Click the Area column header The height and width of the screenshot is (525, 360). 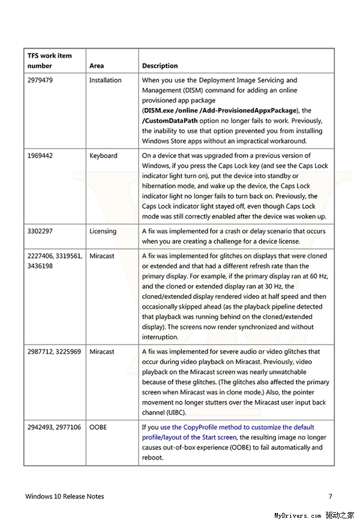(97, 66)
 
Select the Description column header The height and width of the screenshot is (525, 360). (160, 66)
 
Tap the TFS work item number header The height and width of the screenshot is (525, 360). (49, 61)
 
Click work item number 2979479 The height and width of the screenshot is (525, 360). (40, 80)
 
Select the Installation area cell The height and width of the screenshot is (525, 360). (105, 80)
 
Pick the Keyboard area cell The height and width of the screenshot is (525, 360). (103, 156)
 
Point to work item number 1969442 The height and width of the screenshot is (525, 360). (40, 156)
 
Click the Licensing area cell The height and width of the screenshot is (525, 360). (103, 231)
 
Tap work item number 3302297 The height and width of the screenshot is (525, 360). (40, 231)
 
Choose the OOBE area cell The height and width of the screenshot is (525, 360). (98, 427)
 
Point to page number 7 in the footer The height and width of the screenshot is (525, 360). (330, 496)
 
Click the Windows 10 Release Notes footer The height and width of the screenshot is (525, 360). (65, 496)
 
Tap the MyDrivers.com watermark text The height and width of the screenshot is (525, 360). (298, 515)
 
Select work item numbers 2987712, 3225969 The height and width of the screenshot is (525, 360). (54, 352)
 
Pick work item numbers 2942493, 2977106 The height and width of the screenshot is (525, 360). (54, 427)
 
